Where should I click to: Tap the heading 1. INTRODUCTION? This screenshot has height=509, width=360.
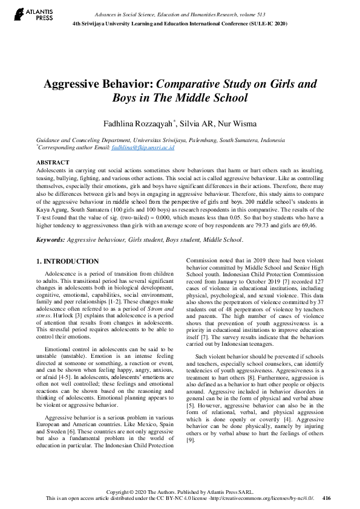(x=67, y=261)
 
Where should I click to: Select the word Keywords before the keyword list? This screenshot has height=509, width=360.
(x=50, y=240)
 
